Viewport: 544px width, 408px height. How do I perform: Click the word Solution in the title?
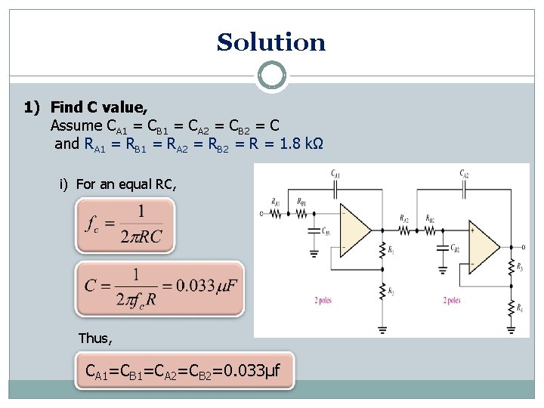[x=271, y=42]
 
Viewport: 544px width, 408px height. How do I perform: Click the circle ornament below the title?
[x=271, y=76]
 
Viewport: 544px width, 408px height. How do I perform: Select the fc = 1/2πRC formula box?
[x=125, y=225]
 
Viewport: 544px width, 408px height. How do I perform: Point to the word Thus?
[x=95, y=338]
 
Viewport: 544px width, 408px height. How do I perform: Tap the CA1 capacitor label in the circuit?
[x=335, y=175]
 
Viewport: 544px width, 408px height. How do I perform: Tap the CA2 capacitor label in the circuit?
[x=464, y=175]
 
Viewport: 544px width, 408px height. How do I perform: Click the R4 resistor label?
[x=520, y=306]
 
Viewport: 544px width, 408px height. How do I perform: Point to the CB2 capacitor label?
[x=454, y=248]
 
